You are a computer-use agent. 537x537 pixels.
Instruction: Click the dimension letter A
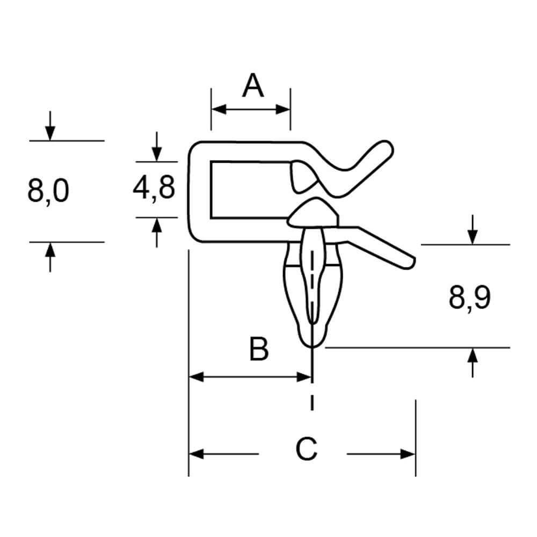[x=253, y=85]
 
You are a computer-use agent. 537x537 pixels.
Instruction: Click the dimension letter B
[x=259, y=349]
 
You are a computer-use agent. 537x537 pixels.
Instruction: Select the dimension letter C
[x=306, y=448]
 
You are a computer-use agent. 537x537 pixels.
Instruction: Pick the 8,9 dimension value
[x=469, y=299]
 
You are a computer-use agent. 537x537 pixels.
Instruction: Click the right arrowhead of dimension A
[x=283, y=110]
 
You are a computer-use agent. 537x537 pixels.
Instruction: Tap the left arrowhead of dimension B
[x=196, y=377]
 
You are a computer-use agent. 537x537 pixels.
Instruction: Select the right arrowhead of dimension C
[x=408, y=454]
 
